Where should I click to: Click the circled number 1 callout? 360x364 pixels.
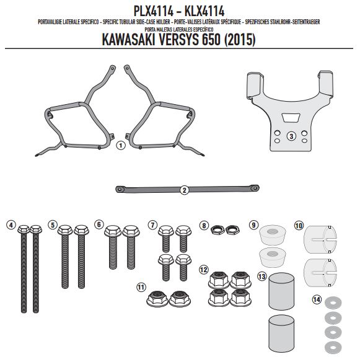point(120,146)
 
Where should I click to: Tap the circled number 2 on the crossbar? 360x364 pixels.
point(184,190)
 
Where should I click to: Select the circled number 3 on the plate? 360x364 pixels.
point(291,136)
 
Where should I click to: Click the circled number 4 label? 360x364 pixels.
point(11,225)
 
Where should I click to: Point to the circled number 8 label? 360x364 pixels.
point(204,226)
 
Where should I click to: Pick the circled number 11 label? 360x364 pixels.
point(141,287)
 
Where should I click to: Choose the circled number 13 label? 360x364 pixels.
point(262,276)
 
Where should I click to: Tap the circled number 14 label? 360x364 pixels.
point(317,300)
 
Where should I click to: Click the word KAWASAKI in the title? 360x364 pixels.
point(128,40)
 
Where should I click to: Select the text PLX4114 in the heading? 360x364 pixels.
point(153,11)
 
